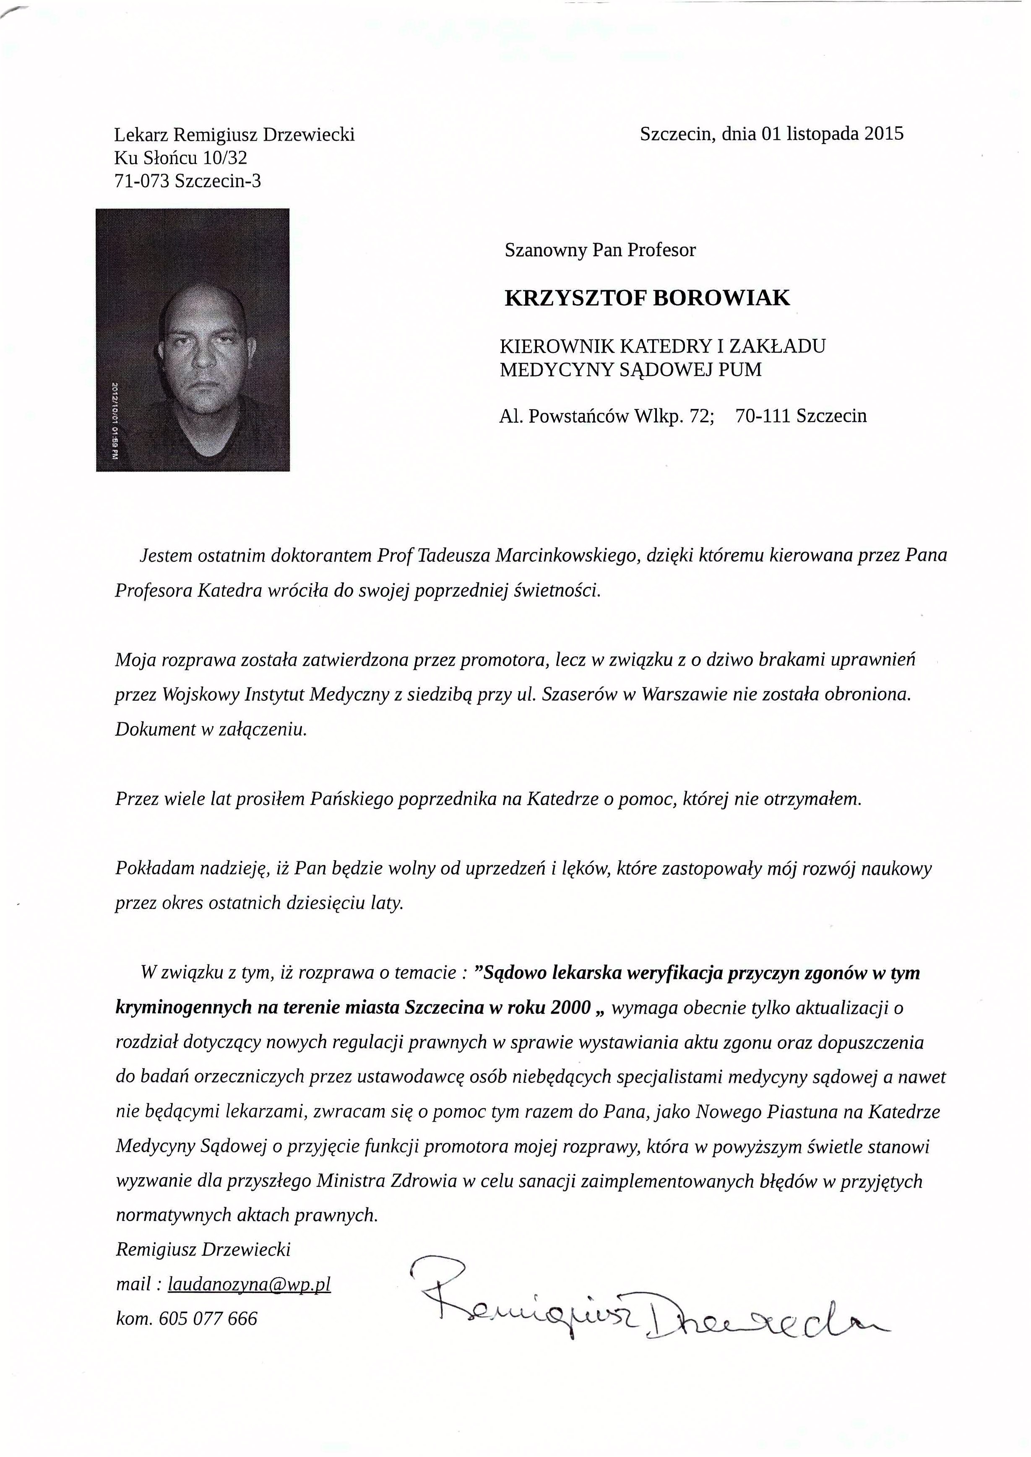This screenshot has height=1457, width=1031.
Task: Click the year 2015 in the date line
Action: (x=884, y=134)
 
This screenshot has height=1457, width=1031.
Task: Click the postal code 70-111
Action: (x=760, y=416)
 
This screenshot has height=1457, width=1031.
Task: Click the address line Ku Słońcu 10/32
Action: (x=180, y=157)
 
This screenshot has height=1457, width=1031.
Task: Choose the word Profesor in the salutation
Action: (x=661, y=250)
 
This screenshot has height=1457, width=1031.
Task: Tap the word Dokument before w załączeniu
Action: (x=154, y=729)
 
